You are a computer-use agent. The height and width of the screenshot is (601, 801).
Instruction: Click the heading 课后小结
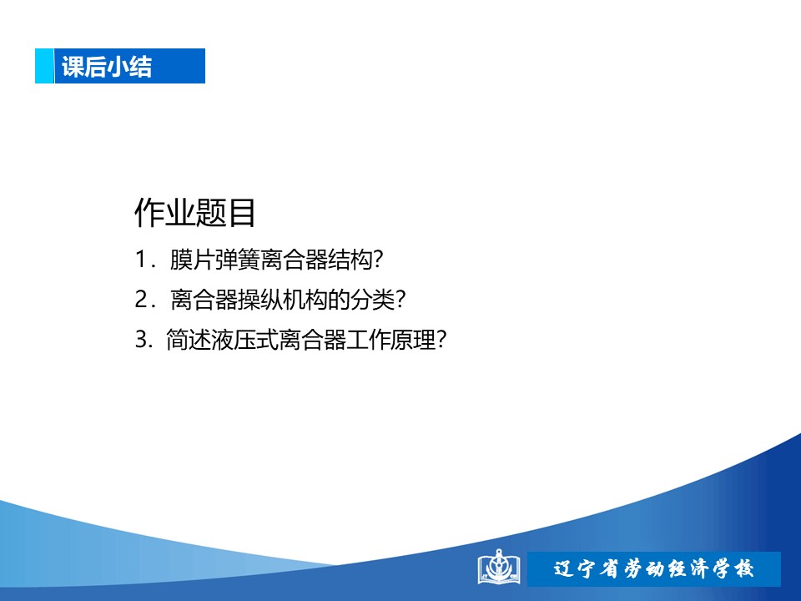pyautogui.click(x=107, y=67)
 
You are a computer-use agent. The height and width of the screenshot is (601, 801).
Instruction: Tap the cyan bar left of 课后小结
pyautogui.click(x=44, y=66)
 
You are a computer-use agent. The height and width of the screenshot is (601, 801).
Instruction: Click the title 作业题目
pyautogui.click(x=194, y=213)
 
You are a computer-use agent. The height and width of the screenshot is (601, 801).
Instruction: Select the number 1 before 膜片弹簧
pyautogui.click(x=141, y=259)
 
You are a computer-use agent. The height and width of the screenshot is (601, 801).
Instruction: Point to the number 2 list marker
pyautogui.click(x=142, y=299)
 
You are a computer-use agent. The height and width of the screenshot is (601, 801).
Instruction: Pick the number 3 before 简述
pyautogui.click(x=142, y=340)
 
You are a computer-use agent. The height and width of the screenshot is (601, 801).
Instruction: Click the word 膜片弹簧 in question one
pyautogui.click(x=215, y=259)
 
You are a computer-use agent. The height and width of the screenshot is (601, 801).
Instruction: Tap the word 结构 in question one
pyautogui.click(x=350, y=259)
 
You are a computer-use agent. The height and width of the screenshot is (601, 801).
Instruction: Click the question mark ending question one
pyautogui.click(x=378, y=259)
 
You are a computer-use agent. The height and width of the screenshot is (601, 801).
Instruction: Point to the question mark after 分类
pyautogui.click(x=400, y=300)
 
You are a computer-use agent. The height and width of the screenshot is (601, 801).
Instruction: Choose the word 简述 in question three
pyautogui.click(x=188, y=340)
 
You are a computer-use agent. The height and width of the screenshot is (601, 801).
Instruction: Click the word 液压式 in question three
pyautogui.click(x=244, y=340)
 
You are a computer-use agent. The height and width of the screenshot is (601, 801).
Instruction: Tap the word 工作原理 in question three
pyautogui.click(x=391, y=340)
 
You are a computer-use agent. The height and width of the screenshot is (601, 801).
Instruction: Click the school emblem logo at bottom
pyautogui.click(x=499, y=567)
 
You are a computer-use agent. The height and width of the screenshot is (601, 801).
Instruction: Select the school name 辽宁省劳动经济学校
pyautogui.click(x=653, y=568)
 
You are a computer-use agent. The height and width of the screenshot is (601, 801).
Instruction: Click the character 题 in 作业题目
pyautogui.click(x=210, y=213)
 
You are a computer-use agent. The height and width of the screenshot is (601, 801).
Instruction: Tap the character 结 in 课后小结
pyautogui.click(x=140, y=67)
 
